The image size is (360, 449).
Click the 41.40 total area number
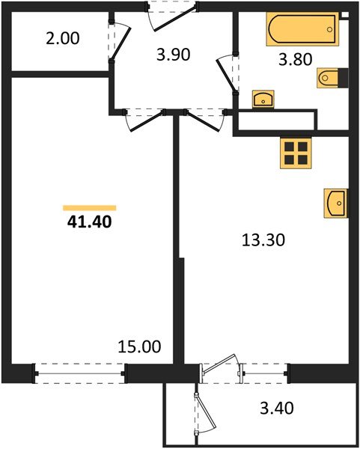pos(89,222)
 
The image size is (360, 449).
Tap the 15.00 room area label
pos(139,346)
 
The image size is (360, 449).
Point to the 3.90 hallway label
pos(173,53)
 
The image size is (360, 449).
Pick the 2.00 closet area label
pos(63,38)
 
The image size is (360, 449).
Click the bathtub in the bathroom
pos(302,31)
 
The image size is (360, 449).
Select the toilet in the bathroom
pos(333,78)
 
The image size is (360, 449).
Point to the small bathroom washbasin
pos(263,99)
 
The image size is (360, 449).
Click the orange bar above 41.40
pos(89,207)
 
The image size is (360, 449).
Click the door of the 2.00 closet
pos(119,42)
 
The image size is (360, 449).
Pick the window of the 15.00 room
pos(80,368)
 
